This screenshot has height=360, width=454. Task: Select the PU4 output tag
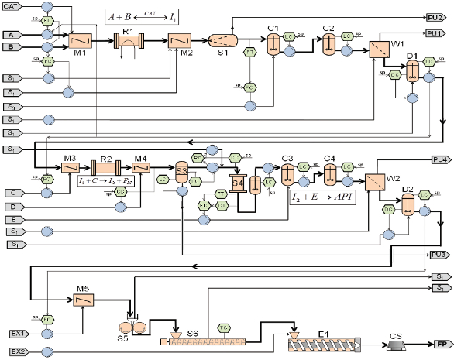(440, 159)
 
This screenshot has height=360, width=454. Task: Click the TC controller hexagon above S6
(224, 328)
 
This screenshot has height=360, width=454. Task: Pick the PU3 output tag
(439, 254)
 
